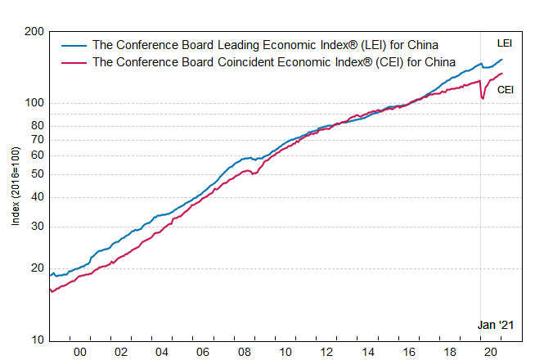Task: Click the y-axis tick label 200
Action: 34,32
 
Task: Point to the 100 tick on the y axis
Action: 34,103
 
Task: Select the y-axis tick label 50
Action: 37,174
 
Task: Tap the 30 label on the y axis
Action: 37,227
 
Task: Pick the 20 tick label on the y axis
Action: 37,268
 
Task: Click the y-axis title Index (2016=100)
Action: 15,186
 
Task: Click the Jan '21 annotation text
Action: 495,325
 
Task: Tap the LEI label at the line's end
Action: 505,43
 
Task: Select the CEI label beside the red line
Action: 506,89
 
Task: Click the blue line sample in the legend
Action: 74,46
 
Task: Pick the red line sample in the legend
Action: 74,61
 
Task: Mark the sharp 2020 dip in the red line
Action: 483,98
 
